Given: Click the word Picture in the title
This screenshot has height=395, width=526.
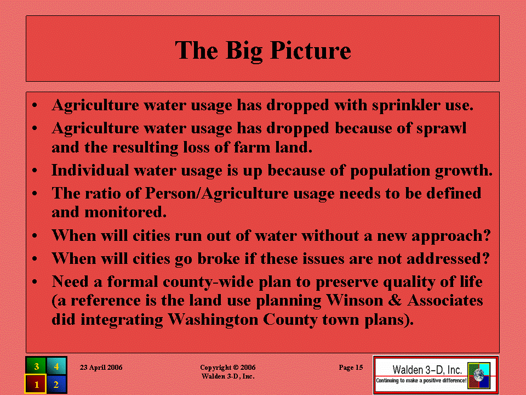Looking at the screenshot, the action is click(311, 50).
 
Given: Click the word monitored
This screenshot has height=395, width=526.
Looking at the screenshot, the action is click(125, 212).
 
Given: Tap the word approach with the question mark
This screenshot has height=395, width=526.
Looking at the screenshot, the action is click(451, 236).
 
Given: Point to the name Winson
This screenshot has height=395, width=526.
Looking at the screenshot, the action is click(355, 300).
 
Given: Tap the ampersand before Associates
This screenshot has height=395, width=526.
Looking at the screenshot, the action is click(395, 300).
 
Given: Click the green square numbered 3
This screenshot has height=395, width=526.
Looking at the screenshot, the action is click(36, 366).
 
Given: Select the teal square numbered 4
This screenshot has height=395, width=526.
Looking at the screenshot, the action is click(56, 366).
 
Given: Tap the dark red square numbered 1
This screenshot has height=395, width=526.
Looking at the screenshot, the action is click(36, 384).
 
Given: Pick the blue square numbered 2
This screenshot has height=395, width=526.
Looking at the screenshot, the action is click(56, 384).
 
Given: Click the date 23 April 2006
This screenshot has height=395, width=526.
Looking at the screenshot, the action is click(101, 368).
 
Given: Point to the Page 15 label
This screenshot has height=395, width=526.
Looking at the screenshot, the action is click(351, 368).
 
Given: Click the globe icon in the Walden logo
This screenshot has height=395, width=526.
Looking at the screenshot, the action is click(479, 375).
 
